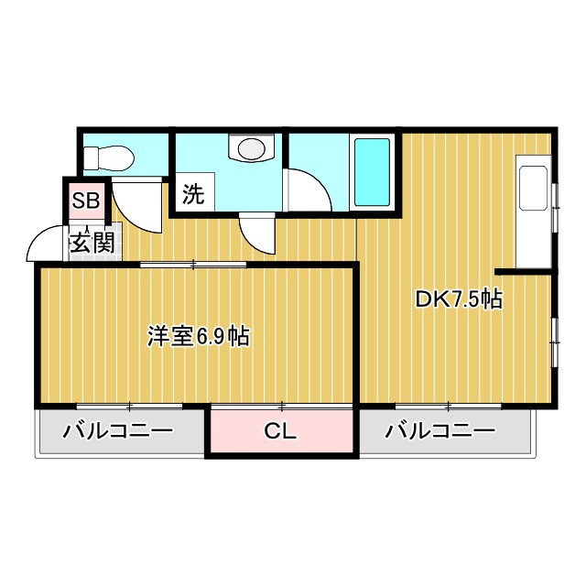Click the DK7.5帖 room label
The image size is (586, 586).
(x=459, y=299)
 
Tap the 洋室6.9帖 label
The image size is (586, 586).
(x=199, y=336)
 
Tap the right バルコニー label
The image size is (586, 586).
(x=439, y=431)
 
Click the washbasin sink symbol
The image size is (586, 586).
(x=251, y=147)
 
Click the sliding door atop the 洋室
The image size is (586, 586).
(x=193, y=265)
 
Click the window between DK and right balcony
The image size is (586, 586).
(x=448, y=404)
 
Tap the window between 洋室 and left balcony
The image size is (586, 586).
(x=129, y=404)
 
